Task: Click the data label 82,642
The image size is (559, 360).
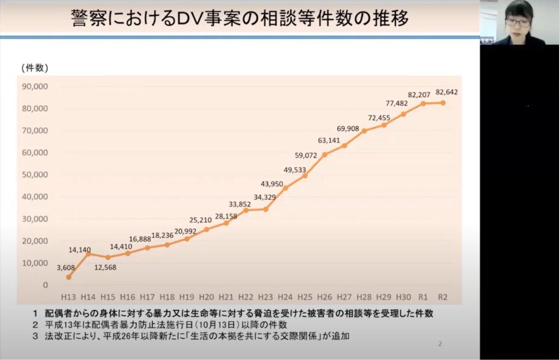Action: coord(447,92)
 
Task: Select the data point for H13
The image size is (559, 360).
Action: coord(69,277)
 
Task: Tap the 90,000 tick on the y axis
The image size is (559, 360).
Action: coord(35,86)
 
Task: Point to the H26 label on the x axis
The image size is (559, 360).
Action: coord(324,297)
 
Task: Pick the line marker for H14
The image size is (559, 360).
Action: coord(88,254)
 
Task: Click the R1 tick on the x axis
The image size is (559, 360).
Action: coord(423,297)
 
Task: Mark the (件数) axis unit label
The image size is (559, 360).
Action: coord(34,68)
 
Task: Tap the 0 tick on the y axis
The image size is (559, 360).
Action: coord(45,285)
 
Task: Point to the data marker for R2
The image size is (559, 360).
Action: coord(443,103)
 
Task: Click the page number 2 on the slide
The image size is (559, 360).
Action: coord(440,344)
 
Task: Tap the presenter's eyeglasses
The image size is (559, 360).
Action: coord(518,22)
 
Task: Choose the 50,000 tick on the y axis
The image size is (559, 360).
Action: coord(35,175)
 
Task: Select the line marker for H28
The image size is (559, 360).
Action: coord(364,131)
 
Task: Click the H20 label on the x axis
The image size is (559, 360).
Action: coord(206,297)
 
